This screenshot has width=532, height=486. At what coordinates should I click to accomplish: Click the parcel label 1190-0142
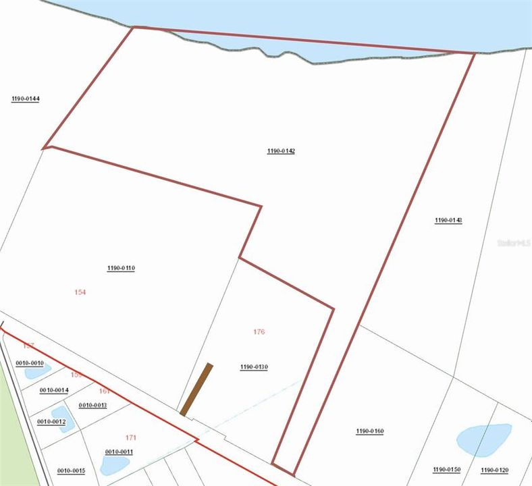click(x=281, y=151)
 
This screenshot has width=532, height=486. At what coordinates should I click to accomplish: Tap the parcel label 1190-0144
click(x=26, y=99)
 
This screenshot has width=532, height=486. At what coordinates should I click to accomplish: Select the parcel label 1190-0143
click(x=448, y=220)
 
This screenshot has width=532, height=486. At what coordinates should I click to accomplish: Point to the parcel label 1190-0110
click(x=121, y=268)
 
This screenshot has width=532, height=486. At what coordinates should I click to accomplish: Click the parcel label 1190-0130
click(x=254, y=367)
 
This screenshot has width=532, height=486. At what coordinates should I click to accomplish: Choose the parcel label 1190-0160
click(x=370, y=431)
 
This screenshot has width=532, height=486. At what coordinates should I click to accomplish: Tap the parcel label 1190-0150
click(x=446, y=469)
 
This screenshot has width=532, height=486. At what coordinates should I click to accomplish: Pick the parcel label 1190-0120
click(x=495, y=469)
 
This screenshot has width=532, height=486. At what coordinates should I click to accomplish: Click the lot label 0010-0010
click(x=29, y=363)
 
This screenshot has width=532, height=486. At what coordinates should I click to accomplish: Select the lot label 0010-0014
click(x=54, y=390)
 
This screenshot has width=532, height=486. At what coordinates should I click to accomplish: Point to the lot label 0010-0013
click(x=92, y=405)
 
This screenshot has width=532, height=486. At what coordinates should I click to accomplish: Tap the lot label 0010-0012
click(x=51, y=421)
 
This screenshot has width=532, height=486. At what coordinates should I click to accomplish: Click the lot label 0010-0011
click(x=119, y=452)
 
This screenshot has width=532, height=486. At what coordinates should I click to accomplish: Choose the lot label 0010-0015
click(x=71, y=470)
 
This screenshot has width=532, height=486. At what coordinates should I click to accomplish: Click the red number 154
click(x=80, y=292)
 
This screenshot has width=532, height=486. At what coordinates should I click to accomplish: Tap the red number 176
click(x=259, y=331)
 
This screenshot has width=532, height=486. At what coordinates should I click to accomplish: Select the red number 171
click(x=131, y=437)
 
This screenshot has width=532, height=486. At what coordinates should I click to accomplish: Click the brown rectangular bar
click(x=196, y=389)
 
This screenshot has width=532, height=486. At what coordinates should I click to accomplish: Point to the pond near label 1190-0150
click(x=484, y=439)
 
